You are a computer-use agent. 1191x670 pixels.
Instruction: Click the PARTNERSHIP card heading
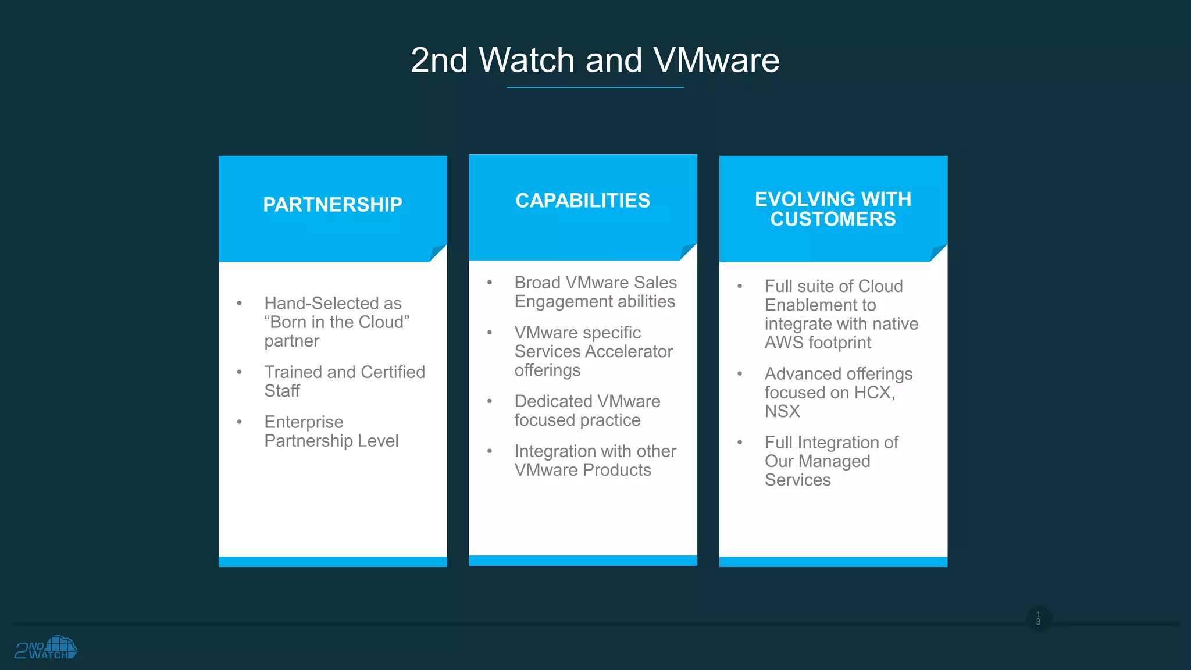[x=332, y=205]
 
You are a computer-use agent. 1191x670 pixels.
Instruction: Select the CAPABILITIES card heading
[x=583, y=201]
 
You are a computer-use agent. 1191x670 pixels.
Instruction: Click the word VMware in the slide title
[x=716, y=60]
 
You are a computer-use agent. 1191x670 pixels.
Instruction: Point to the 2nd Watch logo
[x=46, y=647]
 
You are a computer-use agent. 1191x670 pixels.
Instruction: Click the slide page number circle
[x=1038, y=618]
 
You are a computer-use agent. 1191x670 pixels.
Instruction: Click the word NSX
[x=782, y=411]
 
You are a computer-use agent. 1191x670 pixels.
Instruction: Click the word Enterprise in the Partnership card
[x=304, y=422]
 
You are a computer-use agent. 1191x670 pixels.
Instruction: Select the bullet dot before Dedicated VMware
[x=490, y=401]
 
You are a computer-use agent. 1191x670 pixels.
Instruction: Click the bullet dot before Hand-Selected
[x=239, y=303]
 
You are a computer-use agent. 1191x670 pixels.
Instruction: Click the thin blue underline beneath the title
[x=595, y=88]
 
